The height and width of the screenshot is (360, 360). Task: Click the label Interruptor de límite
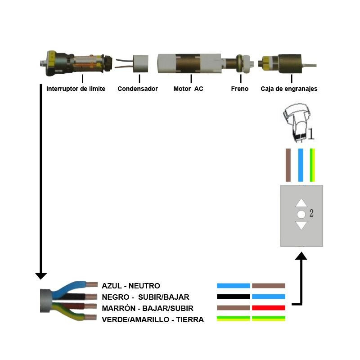point(76,89)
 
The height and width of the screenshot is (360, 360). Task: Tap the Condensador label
point(138,89)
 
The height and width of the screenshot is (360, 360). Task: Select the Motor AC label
point(188,89)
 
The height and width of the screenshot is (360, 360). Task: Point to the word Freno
point(240,89)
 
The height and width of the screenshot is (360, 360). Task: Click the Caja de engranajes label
point(289,89)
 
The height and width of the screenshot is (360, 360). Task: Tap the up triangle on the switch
point(301,203)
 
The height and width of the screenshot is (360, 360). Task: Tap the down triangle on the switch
point(301,225)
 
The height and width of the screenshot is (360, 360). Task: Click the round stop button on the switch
point(301,214)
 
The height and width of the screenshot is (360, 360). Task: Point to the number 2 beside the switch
point(311,213)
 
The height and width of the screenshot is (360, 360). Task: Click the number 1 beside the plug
point(311,134)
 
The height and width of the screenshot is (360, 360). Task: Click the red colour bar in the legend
point(269,308)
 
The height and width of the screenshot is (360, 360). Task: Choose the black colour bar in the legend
point(233,297)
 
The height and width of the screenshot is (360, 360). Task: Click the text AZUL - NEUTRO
point(131,286)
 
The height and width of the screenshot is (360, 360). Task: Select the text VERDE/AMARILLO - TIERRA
point(153,319)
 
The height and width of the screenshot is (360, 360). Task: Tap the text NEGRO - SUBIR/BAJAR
point(146,297)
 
